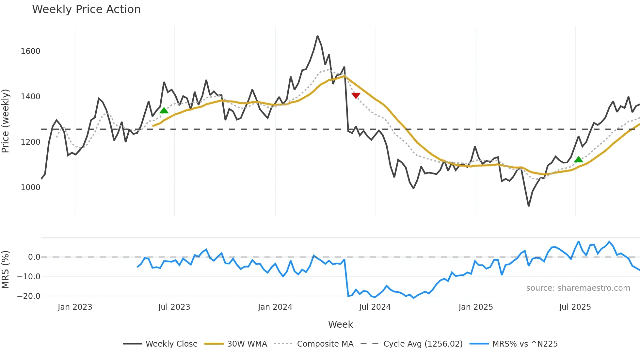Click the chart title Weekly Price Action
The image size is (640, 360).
click(86, 9)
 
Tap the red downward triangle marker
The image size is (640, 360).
click(356, 95)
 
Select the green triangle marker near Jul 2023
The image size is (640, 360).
click(164, 110)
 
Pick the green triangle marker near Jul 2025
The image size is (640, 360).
click(578, 159)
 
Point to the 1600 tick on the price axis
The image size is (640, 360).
click(30, 51)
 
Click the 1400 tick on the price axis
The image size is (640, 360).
click(30, 97)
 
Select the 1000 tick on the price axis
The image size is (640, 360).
click(30, 188)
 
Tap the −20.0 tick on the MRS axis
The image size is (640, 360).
click(28, 296)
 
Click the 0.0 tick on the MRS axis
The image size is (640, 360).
click(34, 257)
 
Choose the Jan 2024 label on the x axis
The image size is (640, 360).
click(275, 307)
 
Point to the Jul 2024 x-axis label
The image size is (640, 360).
click(375, 307)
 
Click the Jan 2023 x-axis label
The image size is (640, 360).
click(75, 307)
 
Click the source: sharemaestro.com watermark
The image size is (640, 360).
click(578, 288)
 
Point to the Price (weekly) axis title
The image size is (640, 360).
click(6, 121)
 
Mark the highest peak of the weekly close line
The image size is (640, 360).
click(317, 36)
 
